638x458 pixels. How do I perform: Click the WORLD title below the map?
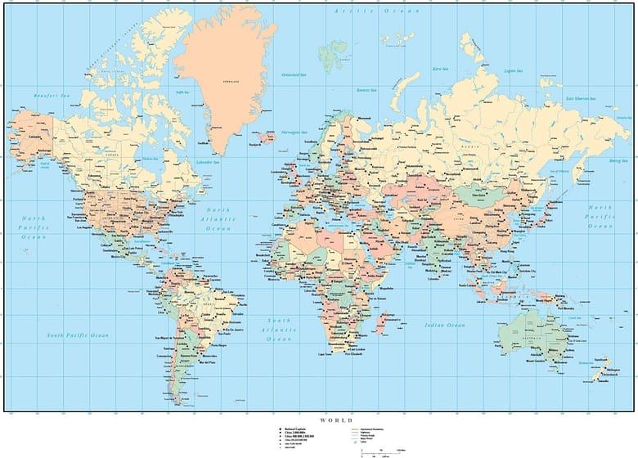click(336, 420)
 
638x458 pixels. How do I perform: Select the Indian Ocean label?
click(445, 326)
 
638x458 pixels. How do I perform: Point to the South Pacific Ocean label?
click(78, 335)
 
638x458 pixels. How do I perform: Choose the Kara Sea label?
click(441, 70)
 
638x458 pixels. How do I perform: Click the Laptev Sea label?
click(514, 71)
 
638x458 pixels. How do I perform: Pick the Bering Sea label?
click(617, 161)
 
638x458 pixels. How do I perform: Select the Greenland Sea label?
click(293, 74)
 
